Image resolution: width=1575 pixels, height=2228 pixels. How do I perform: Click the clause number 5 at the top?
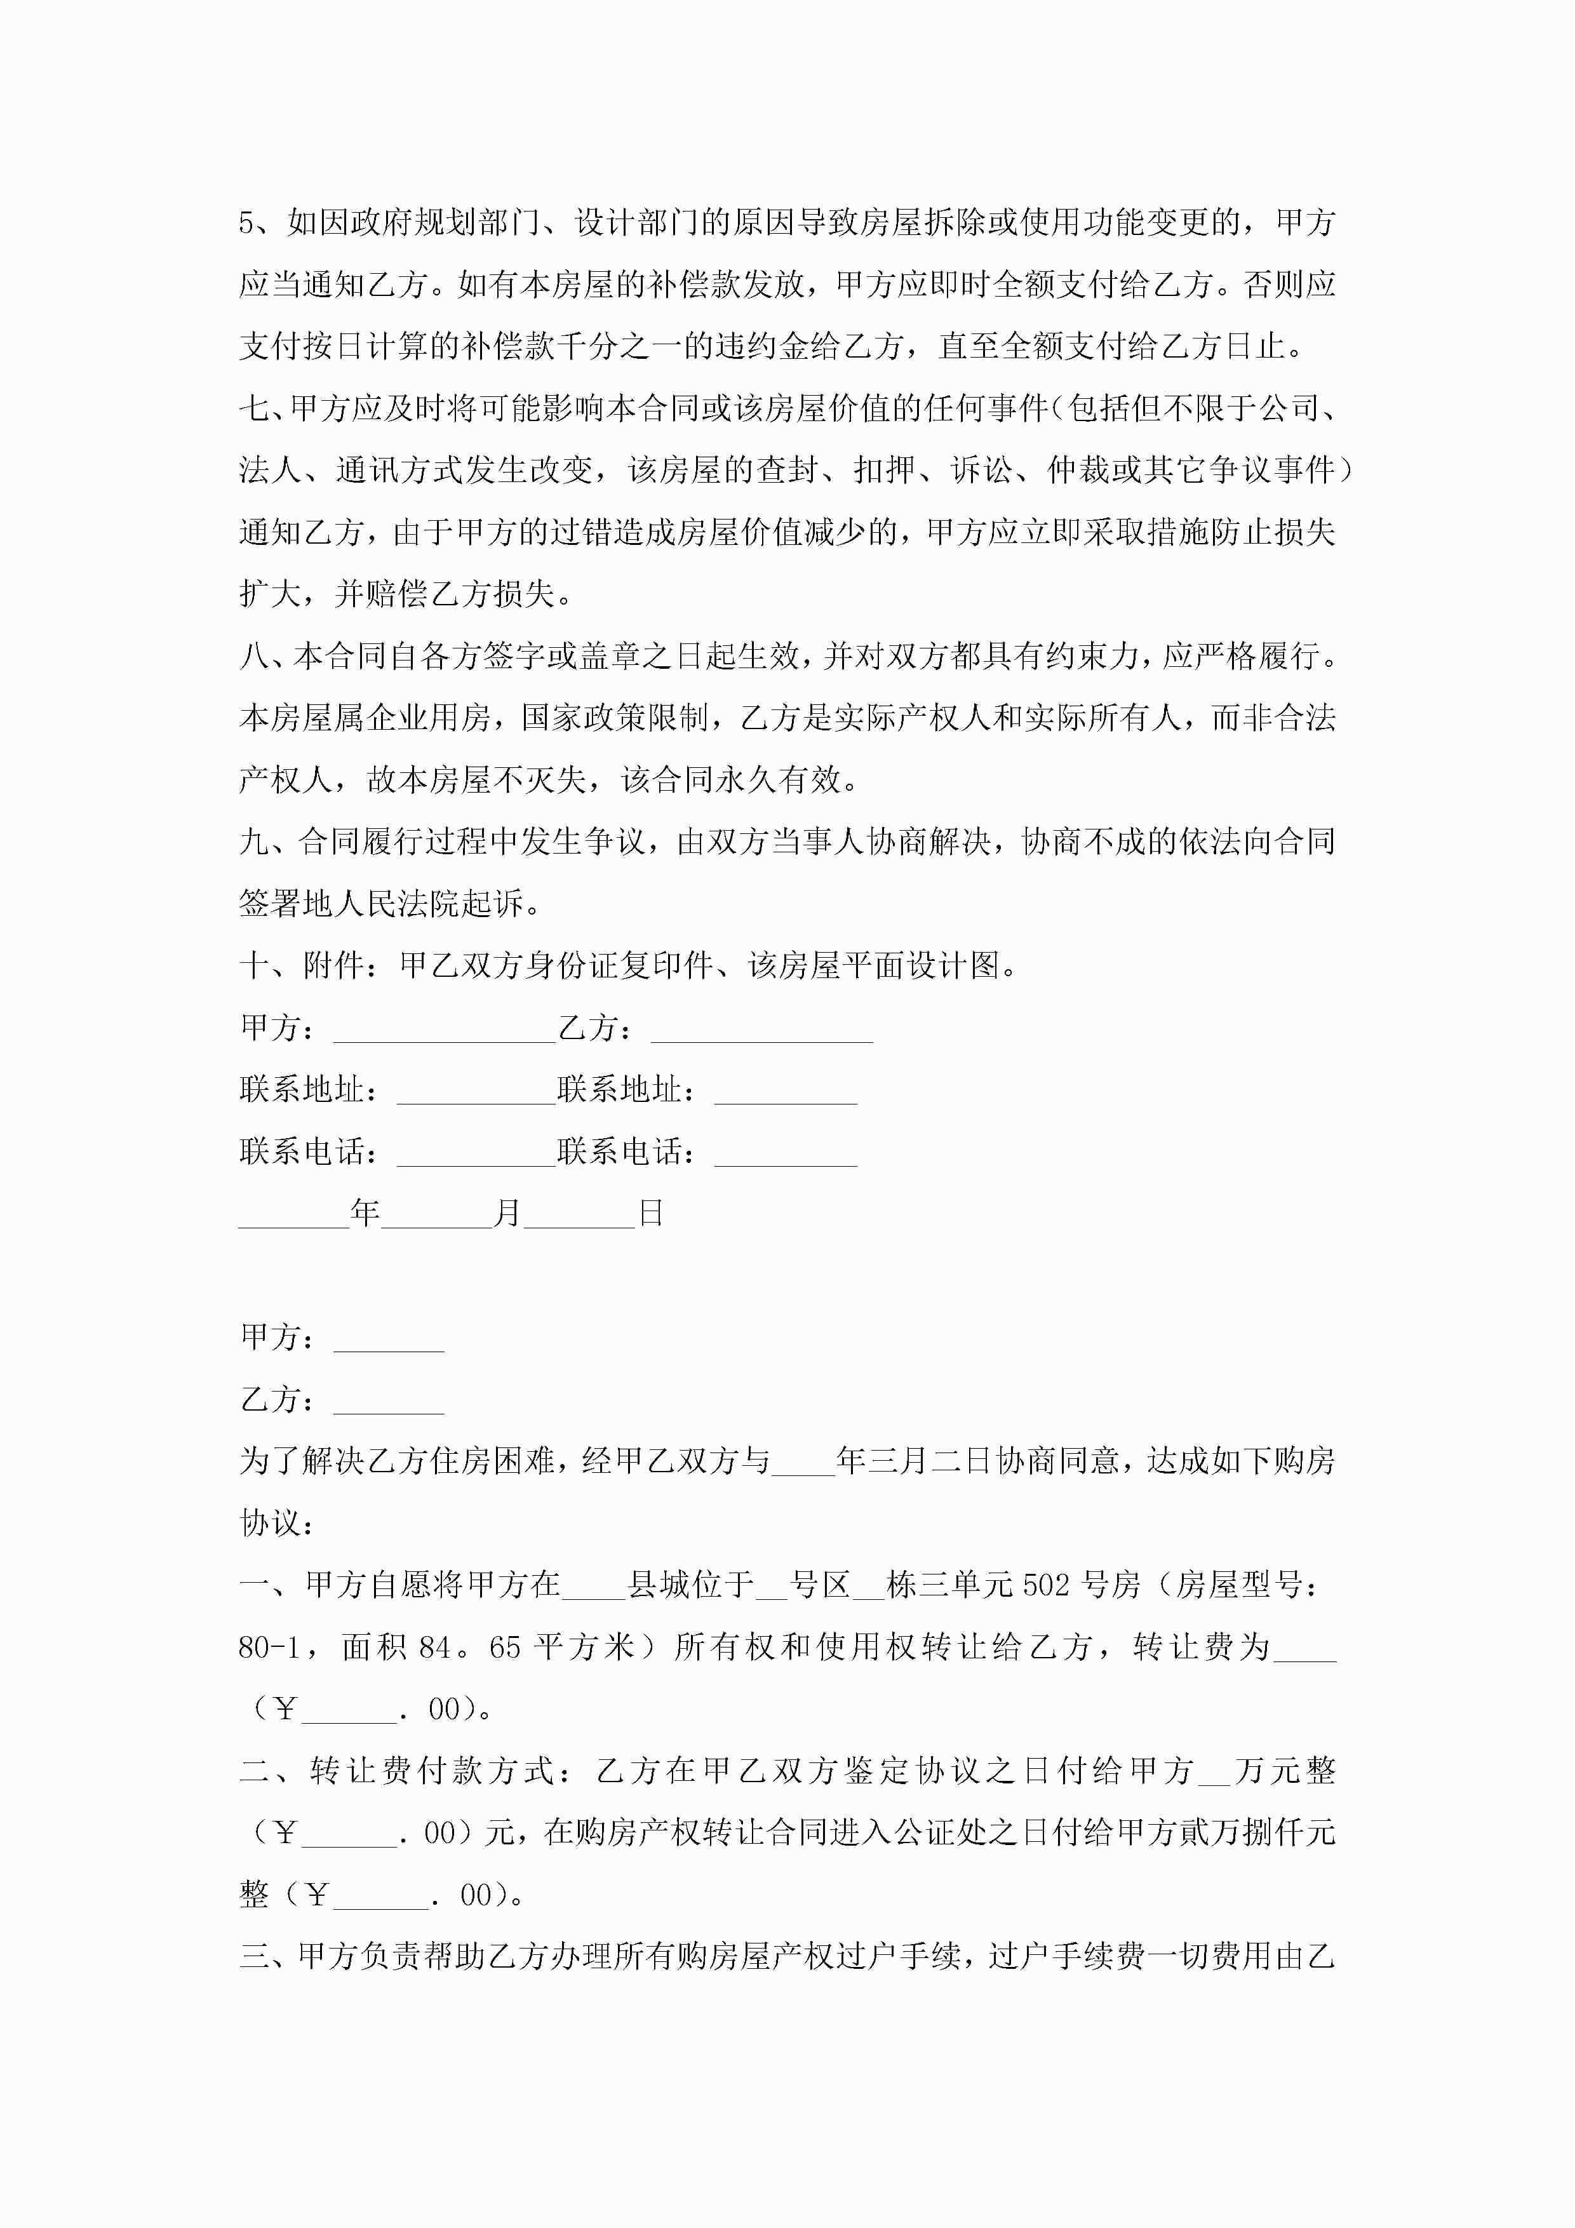click(x=248, y=223)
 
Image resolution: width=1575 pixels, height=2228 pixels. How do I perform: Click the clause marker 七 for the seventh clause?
click(x=254, y=408)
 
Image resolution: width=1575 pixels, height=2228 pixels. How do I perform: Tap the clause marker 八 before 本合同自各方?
click(x=254, y=656)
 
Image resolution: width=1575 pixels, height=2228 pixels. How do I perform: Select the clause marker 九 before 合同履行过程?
click(x=254, y=842)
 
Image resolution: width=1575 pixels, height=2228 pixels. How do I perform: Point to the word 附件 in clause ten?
click(x=334, y=965)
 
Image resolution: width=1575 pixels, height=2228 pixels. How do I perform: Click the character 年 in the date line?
click(x=365, y=1213)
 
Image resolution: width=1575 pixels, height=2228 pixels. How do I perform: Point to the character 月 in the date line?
click(x=507, y=1213)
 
